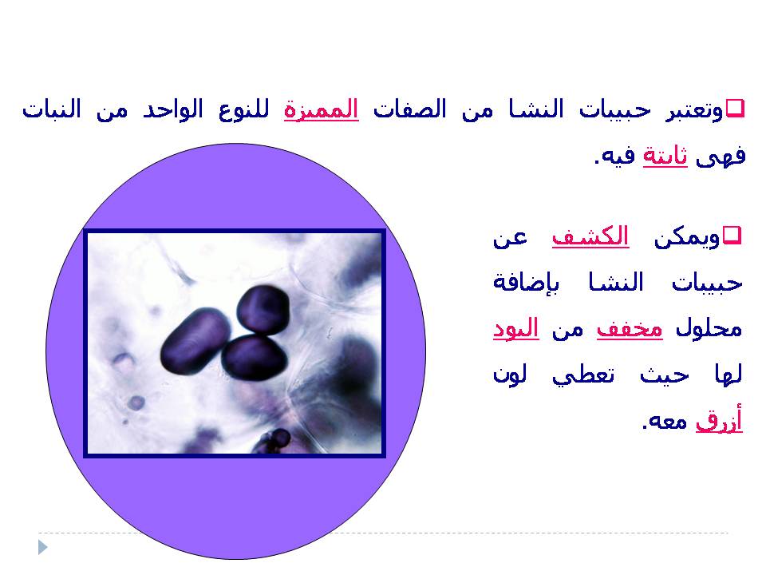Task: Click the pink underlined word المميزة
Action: [x=322, y=109]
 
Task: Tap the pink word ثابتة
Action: [x=665, y=157]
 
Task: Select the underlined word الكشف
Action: [x=590, y=236]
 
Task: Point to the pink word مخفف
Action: [x=630, y=328]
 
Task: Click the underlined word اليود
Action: [x=516, y=328]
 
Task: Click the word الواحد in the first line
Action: [x=173, y=109]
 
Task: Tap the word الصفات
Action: [x=410, y=109]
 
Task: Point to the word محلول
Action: [x=709, y=328]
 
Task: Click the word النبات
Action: [x=52, y=109]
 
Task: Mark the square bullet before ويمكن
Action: [x=732, y=235]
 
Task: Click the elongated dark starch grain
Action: [x=195, y=341]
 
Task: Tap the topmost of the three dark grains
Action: [x=263, y=310]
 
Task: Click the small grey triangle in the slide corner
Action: [x=42, y=547]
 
